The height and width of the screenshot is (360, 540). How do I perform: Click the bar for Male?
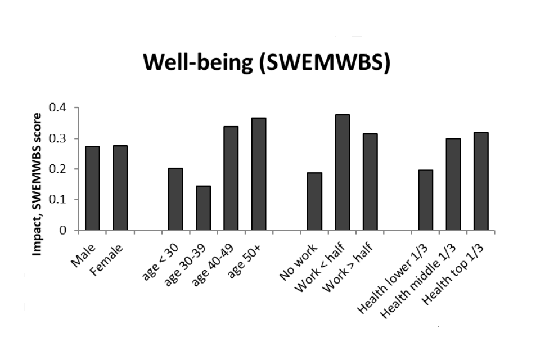click(x=92, y=188)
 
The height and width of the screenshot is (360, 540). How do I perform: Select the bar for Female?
click(x=120, y=188)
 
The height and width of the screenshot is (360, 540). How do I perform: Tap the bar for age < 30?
click(x=175, y=199)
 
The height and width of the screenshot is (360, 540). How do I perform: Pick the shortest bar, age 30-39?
click(x=203, y=208)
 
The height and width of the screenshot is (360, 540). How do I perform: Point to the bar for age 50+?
click(x=259, y=174)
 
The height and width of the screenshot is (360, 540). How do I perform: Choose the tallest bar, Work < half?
click(x=342, y=172)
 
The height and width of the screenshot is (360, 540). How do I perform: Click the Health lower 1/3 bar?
click(x=426, y=200)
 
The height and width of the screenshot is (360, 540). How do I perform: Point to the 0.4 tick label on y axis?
click(x=59, y=107)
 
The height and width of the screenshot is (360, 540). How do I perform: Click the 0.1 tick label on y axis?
click(x=59, y=200)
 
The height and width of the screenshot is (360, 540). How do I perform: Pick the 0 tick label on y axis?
click(x=63, y=231)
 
